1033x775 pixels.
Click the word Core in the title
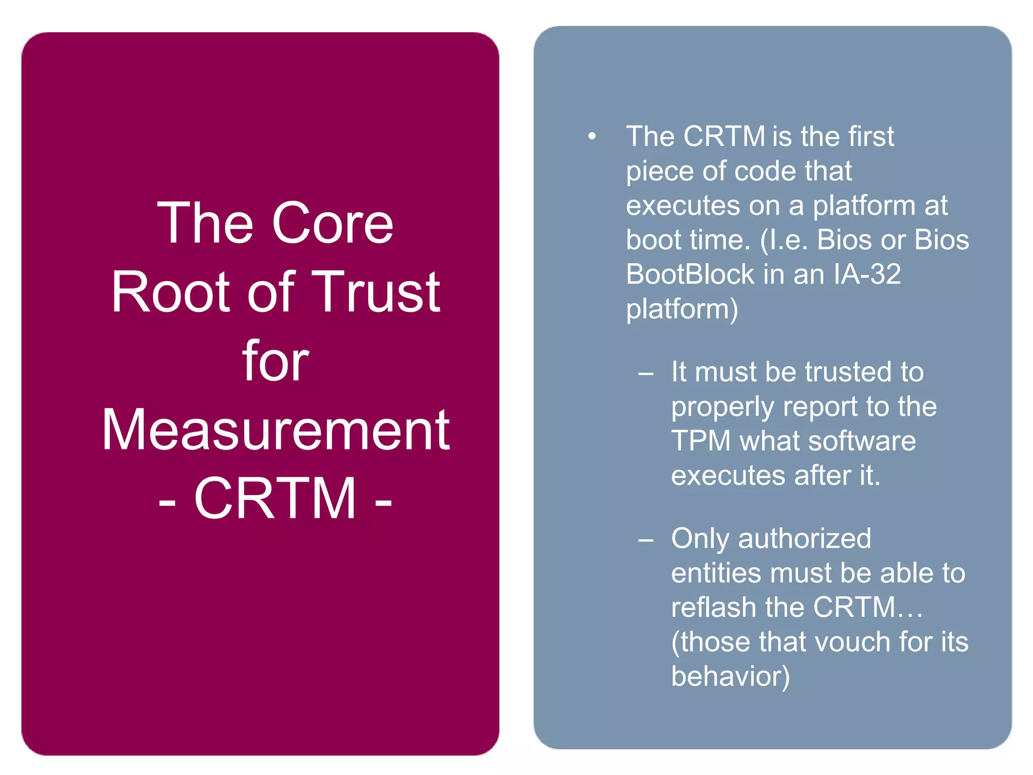[332, 224]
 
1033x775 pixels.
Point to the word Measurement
[275, 430]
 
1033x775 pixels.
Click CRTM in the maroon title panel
[275, 499]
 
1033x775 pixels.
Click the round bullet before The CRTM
[592, 136]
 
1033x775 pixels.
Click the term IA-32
[867, 274]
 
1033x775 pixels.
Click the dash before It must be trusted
[646, 374]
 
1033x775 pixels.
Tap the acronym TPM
[701, 441]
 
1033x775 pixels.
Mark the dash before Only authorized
[646, 540]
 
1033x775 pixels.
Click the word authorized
[805, 539]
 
